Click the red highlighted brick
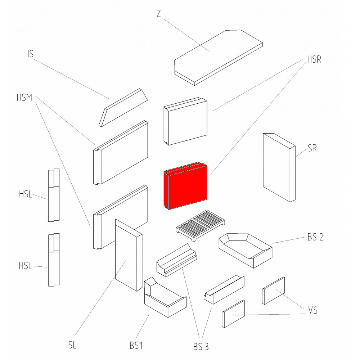185,186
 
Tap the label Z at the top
159,14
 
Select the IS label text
31,54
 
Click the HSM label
24,98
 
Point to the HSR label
314,59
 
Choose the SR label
312,148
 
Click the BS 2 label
315,237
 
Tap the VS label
313,310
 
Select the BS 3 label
201,347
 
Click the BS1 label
136,346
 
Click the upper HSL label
25,194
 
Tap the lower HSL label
25,266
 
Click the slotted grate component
200,225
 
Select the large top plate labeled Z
219,58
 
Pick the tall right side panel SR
279,168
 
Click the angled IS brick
123,107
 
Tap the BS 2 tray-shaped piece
246,251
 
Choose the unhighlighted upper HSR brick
185,121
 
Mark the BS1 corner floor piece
165,297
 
